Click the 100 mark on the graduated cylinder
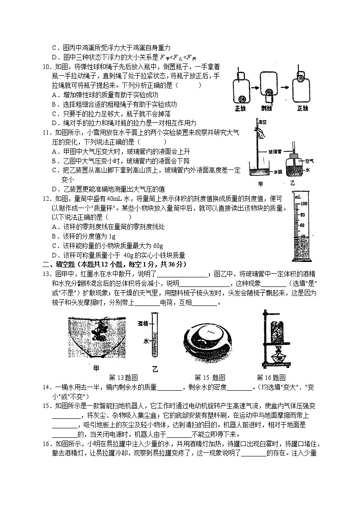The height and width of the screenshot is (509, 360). [304, 204]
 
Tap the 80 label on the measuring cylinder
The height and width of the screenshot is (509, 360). [304, 215]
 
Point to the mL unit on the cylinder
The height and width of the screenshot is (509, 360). [297, 198]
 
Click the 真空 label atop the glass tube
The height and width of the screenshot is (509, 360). [262, 122]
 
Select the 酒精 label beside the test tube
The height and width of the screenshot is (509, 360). [143, 324]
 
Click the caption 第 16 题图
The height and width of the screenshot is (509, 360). [271, 377]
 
